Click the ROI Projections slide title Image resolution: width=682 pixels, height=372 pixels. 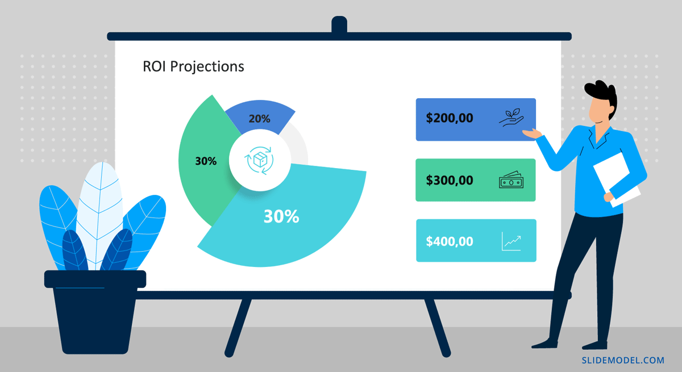pyautogui.click(x=193, y=66)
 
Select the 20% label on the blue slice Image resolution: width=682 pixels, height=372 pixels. pyautogui.click(x=259, y=119)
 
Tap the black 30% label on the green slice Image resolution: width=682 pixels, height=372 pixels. pyautogui.click(x=206, y=161)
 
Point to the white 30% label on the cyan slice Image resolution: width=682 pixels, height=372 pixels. pyautogui.click(x=281, y=216)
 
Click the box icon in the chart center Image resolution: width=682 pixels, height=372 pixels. pyautogui.click(x=259, y=160)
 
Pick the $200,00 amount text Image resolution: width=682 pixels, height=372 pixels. pyautogui.click(x=450, y=118)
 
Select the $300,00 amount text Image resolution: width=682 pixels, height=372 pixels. pyautogui.click(x=450, y=181)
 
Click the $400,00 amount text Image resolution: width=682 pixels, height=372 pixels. pyautogui.click(x=450, y=241)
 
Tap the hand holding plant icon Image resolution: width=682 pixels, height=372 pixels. pyautogui.click(x=511, y=118)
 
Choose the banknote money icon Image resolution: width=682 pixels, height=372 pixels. pyautogui.click(x=511, y=179)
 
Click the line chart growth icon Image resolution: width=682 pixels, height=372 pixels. pyautogui.click(x=511, y=241)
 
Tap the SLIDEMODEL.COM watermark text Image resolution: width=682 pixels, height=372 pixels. pyautogui.click(x=623, y=361)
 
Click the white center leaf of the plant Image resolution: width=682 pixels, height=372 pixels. pyautogui.click(x=99, y=213)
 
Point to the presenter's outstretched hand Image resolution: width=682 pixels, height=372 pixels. pyautogui.click(x=532, y=133)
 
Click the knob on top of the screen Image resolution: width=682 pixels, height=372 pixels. pyautogui.click(x=339, y=24)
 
